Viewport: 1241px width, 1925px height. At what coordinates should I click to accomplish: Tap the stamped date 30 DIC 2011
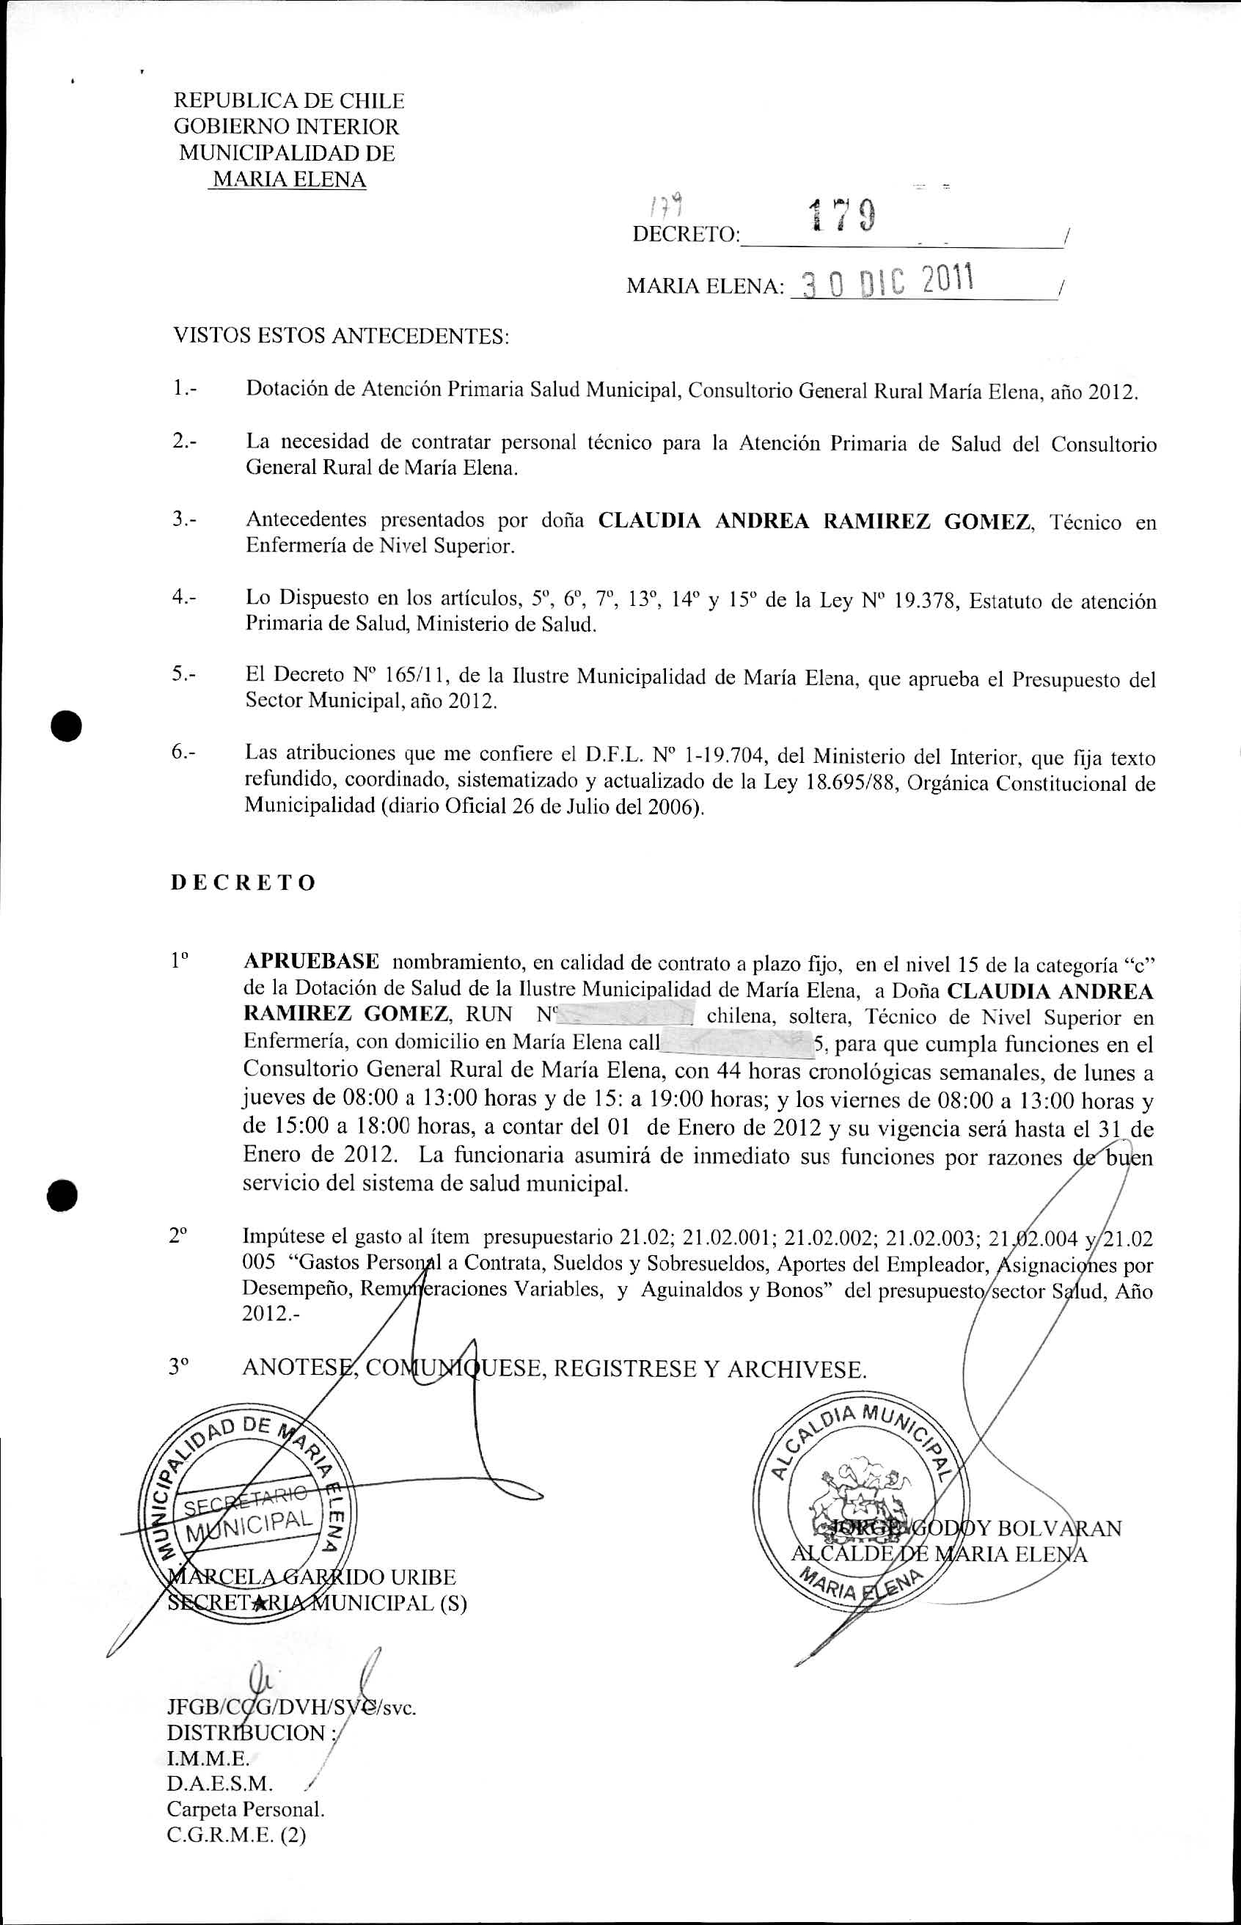(883, 281)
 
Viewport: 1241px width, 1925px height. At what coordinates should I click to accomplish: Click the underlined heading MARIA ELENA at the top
(288, 179)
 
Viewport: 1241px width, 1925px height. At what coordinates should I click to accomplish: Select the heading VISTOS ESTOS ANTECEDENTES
(341, 336)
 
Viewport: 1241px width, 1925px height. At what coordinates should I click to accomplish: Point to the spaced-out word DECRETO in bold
(243, 883)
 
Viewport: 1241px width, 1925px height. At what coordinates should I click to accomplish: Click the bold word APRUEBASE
(311, 961)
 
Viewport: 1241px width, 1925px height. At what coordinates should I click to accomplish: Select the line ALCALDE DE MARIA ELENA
(940, 1554)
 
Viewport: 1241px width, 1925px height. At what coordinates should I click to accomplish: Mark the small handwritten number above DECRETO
(667, 208)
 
